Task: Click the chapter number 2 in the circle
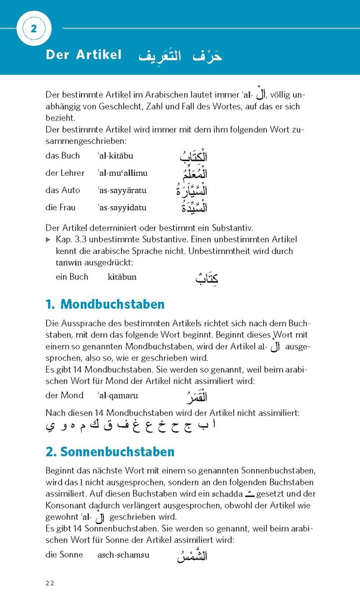(34, 29)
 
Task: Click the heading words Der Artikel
(83, 55)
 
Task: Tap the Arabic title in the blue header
(180, 56)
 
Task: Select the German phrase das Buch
(62, 156)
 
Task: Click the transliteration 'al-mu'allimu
(122, 173)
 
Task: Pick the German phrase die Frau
(61, 208)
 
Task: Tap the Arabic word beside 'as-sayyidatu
(192, 208)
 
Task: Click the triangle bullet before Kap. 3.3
(49, 239)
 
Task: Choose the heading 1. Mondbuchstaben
(105, 305)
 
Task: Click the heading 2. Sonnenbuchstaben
(110, 452)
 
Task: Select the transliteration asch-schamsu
(124, 555)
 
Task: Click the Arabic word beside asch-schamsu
(192, 556)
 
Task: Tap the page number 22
(50, 583)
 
